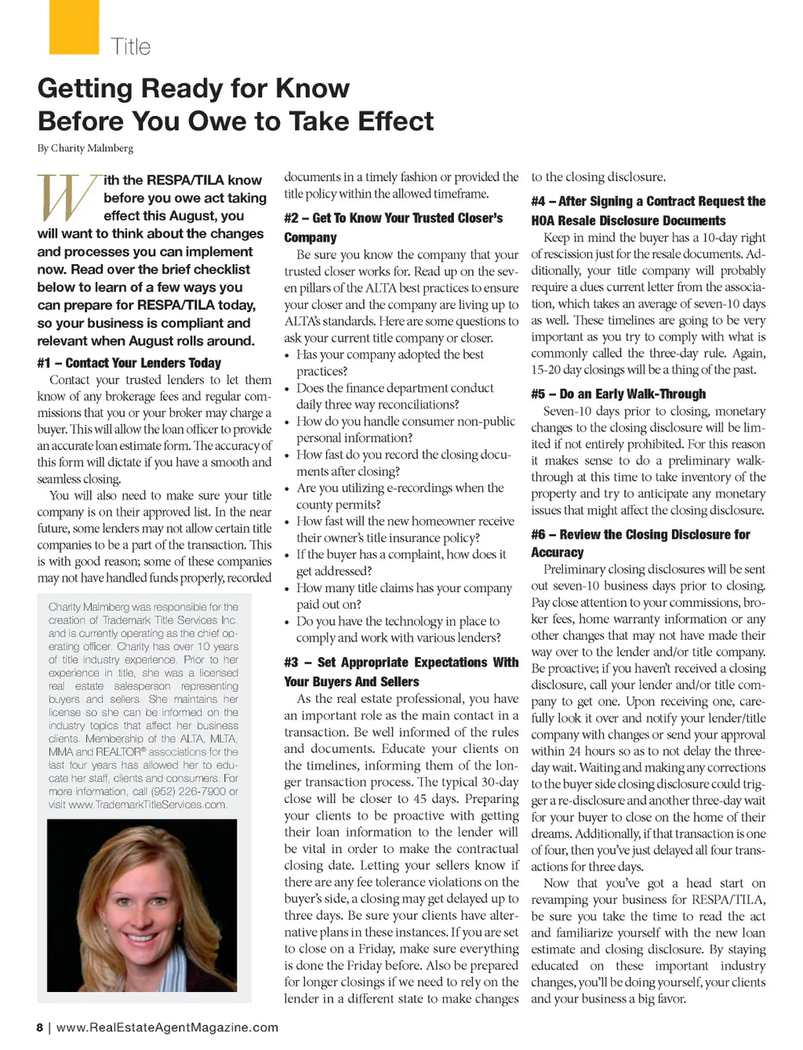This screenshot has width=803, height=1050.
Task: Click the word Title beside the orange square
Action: (x=130, y=47)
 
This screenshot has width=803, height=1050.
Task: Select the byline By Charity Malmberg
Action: (x=85, y=147)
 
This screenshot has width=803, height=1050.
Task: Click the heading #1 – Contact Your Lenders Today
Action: (x=129, y=363)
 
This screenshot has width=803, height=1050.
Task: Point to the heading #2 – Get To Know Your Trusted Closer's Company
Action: (x=393, y=227)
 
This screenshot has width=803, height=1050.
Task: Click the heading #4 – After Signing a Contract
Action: (x=648, y=210)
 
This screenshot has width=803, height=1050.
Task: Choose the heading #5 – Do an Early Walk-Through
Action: (x=618, y=394)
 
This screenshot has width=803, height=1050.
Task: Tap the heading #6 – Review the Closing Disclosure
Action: (x=640, y=543)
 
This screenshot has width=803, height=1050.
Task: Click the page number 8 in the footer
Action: (x=40, y=1027)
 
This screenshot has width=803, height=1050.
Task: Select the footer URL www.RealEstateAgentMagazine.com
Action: (x=167, y=1027)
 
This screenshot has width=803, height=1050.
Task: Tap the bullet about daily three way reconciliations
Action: (x=394, y=396)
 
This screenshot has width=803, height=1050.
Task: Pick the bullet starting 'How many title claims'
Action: (x=404, y=596)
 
